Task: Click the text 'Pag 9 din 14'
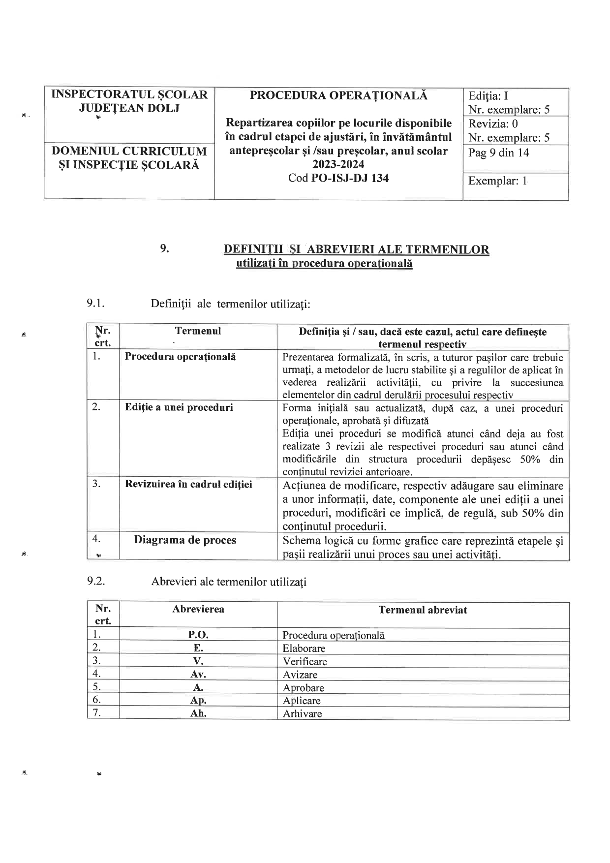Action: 498,153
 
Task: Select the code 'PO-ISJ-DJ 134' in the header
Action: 350,178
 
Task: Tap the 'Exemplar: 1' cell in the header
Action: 497,181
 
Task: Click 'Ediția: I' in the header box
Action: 488,96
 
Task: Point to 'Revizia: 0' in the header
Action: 493,123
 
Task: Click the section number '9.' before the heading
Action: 164,248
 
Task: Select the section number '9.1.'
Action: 96,303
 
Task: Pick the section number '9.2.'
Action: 96,581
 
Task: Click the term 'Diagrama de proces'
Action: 185,540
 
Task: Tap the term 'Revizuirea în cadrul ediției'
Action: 188,484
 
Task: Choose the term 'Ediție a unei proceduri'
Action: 179,407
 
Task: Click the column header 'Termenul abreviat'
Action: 423,610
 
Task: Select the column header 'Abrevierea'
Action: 198,609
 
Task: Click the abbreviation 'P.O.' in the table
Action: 198,635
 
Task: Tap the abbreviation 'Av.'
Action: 198,675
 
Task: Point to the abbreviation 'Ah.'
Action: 198,713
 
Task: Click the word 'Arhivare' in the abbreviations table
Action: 302,714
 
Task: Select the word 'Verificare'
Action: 305,662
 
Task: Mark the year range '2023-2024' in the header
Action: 338,165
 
